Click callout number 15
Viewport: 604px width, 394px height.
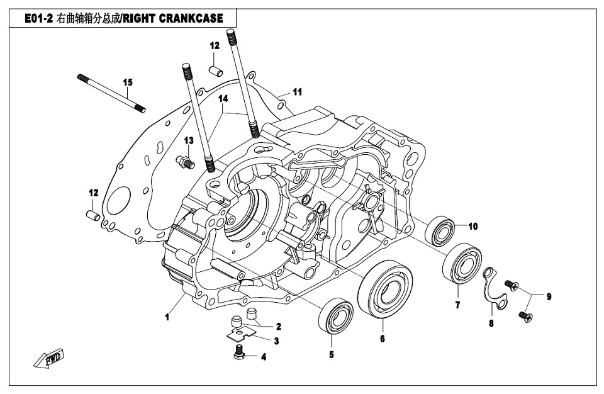[128, 82]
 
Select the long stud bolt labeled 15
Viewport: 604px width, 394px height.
[110, 92]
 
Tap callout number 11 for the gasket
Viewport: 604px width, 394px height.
[297, 92]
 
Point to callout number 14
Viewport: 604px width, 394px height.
[223, 99]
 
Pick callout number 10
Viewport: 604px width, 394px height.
[473, 226]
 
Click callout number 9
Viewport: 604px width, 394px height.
[549, 296]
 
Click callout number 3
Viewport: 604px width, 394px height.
[276, 340]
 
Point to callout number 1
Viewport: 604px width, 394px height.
[168, 318]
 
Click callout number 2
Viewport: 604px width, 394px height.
[278, 327]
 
